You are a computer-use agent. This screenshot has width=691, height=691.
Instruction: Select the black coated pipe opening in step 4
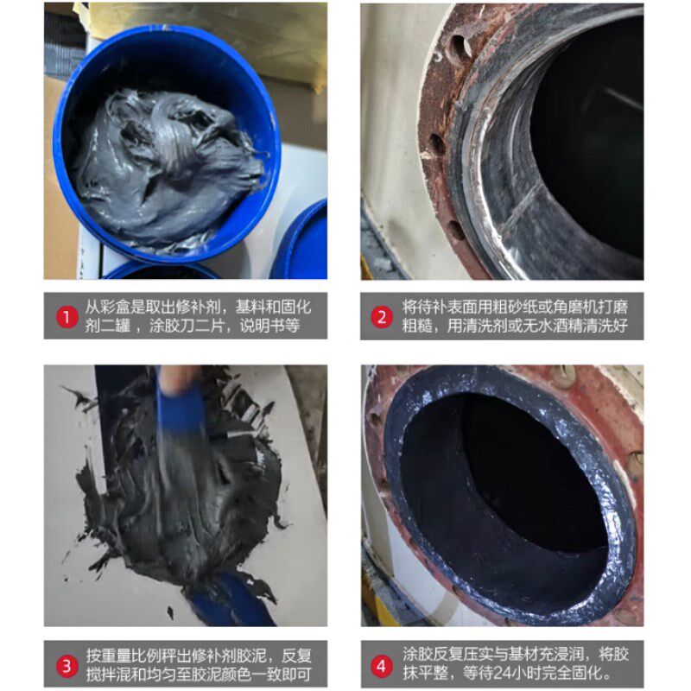tap(501, 492)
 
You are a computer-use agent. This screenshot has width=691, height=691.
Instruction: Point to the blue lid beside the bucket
tap(302, 242)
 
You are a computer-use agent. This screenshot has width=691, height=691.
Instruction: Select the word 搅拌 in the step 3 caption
tap(98, 675)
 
